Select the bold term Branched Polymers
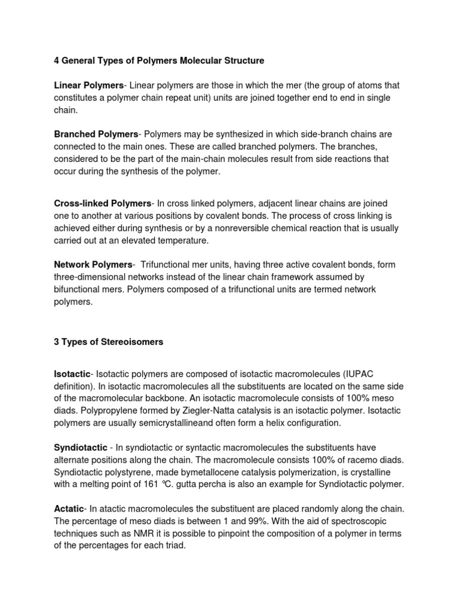(x=96, y=134)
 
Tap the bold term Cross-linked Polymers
(x=102, y=203)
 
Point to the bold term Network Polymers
(x=93, y=264)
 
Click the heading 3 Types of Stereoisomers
(x=109, y=342)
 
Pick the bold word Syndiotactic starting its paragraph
(x=81, y=448)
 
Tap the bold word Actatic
(x=69, y=509)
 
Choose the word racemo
(x=369, y=460)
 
